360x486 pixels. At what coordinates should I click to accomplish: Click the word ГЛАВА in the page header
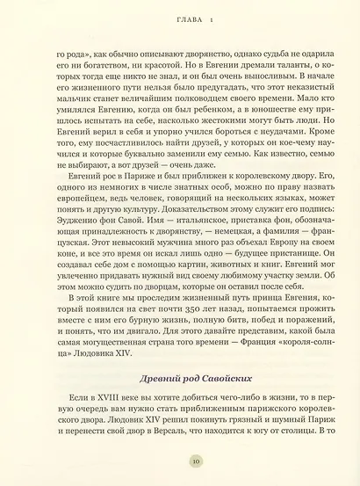coord(171,18)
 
